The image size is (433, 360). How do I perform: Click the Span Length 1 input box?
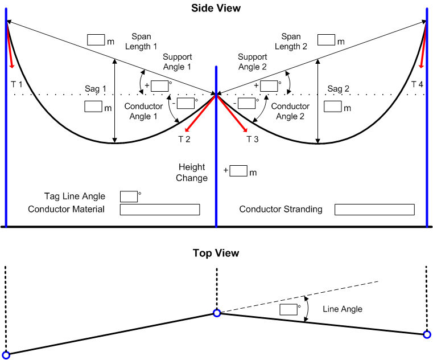pos(96,40)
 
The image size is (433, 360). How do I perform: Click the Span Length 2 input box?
pos(327,40)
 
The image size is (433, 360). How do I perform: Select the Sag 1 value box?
pos(93,107)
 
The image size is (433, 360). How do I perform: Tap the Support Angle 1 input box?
pos(160,86)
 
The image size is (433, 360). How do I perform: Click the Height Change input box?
pos(239,171)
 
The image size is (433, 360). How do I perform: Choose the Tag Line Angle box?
pos(129,197)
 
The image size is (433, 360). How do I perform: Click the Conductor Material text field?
pos(160,210)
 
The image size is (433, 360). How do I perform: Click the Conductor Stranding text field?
pos(374,210)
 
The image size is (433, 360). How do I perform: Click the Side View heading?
pos(216,8)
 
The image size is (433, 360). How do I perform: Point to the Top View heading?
pos(216,253)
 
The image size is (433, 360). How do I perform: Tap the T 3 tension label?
pos(253,139)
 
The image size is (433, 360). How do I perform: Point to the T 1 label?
pos(17,84)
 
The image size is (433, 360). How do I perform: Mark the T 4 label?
pos(418,84)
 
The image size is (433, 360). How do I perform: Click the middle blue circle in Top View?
pos(217,313)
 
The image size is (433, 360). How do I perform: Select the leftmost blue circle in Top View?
pos(6,355)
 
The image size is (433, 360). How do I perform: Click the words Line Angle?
pos(343,309)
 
